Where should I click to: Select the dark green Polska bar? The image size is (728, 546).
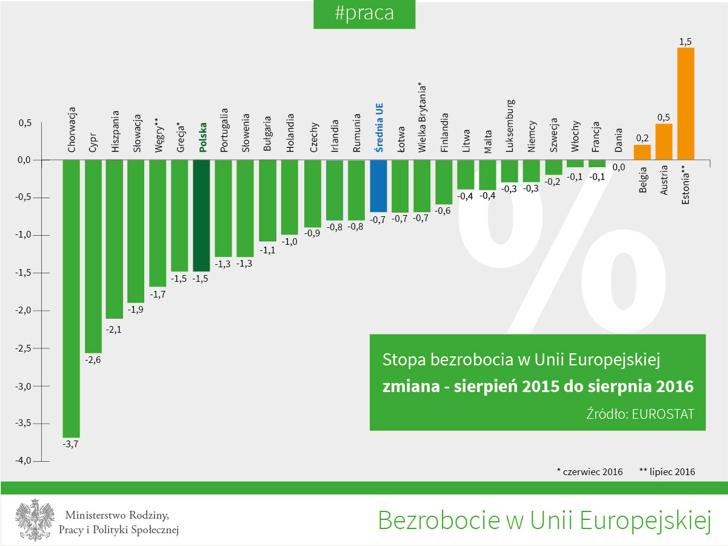[202, 215]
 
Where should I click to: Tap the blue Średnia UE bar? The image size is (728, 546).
[378, 186]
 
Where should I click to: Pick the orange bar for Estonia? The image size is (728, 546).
[686, 104]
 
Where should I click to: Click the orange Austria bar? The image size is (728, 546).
[664, 142]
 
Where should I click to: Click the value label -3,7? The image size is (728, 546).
[71, 444]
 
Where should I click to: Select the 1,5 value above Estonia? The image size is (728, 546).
[686, 42]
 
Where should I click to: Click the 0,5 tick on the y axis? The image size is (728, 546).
[24, 122]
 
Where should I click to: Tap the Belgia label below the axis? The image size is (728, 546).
[643, 179]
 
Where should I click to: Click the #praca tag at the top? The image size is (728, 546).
[364, 14]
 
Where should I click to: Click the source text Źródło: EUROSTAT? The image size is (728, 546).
[640, 413]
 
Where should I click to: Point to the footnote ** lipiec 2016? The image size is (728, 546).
[667, 471]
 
